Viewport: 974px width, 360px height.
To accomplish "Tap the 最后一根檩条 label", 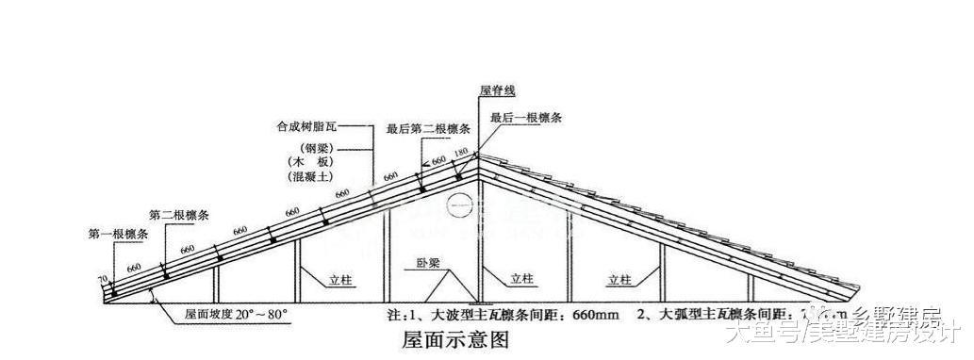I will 525,118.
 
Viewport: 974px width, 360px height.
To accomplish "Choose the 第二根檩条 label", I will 180,215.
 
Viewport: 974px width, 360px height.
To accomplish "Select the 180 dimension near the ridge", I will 460,154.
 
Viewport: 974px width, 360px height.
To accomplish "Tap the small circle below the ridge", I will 459,203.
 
